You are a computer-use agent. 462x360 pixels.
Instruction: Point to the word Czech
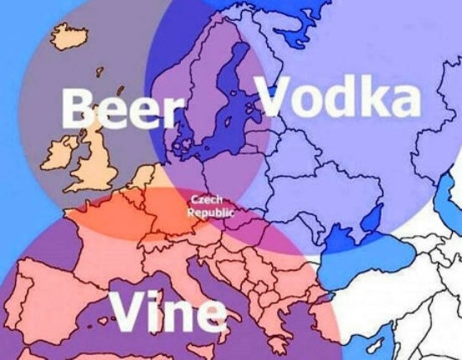pos(207,200)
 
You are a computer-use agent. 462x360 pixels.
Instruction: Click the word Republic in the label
pos(210,213)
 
